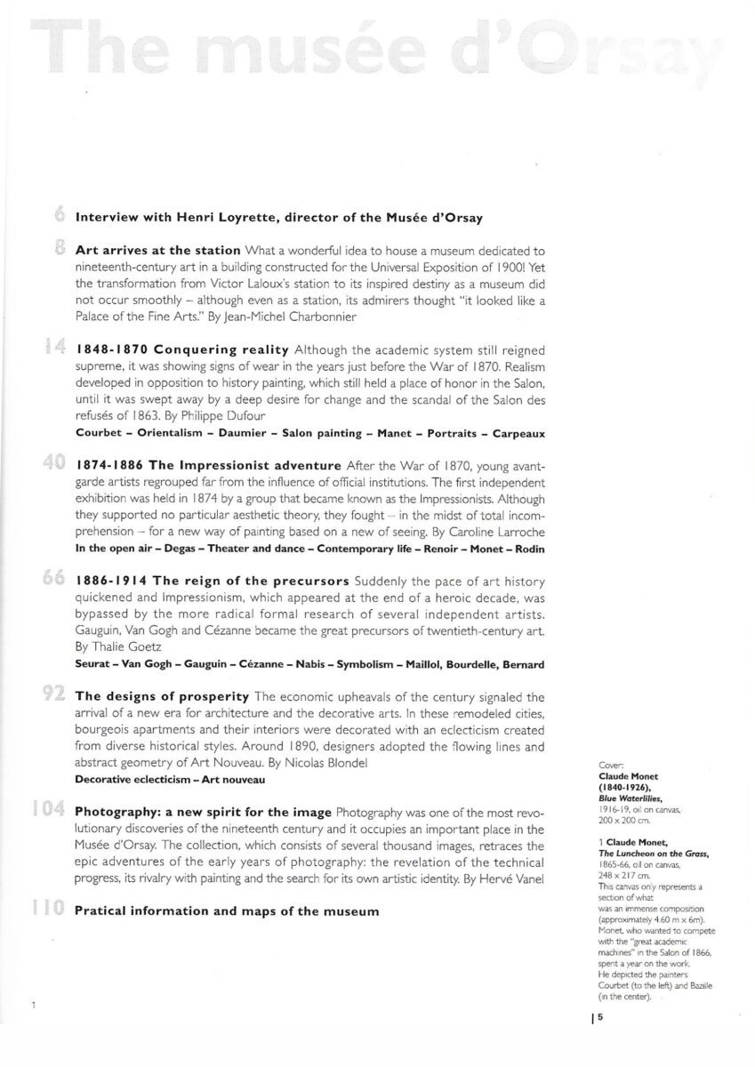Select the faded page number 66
click(53, 579)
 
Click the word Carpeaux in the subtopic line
click(515, 433)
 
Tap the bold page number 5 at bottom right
click(600, 1020)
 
